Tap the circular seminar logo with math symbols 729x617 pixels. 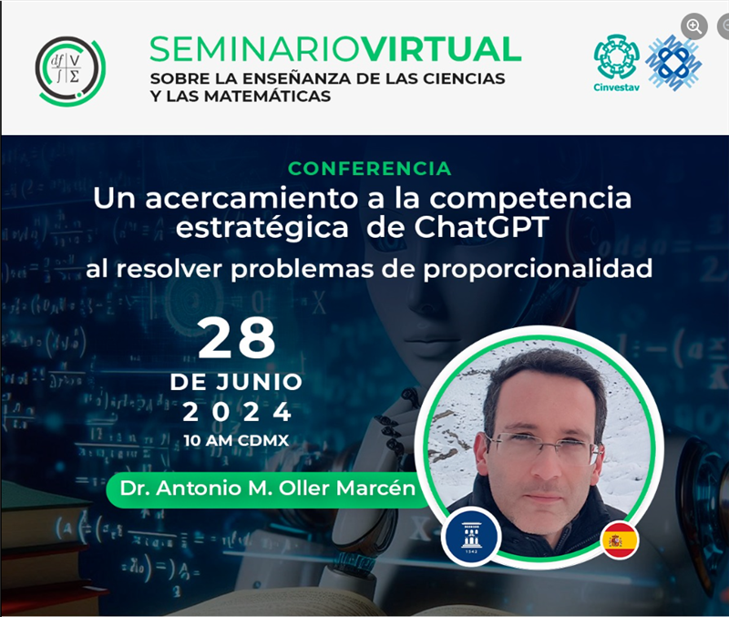coord(70,70)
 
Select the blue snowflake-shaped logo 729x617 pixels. coord(673,62)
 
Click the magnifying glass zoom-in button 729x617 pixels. coord(694,26)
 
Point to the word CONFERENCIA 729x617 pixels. coord(370,169)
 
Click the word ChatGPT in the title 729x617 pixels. coord(481,227)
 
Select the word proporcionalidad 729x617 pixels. coord(538,269)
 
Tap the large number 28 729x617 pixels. coord(237,339)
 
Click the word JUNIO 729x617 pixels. coord(259,382)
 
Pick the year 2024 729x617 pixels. coord(237,412)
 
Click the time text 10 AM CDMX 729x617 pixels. coord(236,440)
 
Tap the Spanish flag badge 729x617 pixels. coord(620,540)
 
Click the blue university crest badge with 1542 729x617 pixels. coord(471,537)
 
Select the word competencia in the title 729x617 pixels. coord(530,199)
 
